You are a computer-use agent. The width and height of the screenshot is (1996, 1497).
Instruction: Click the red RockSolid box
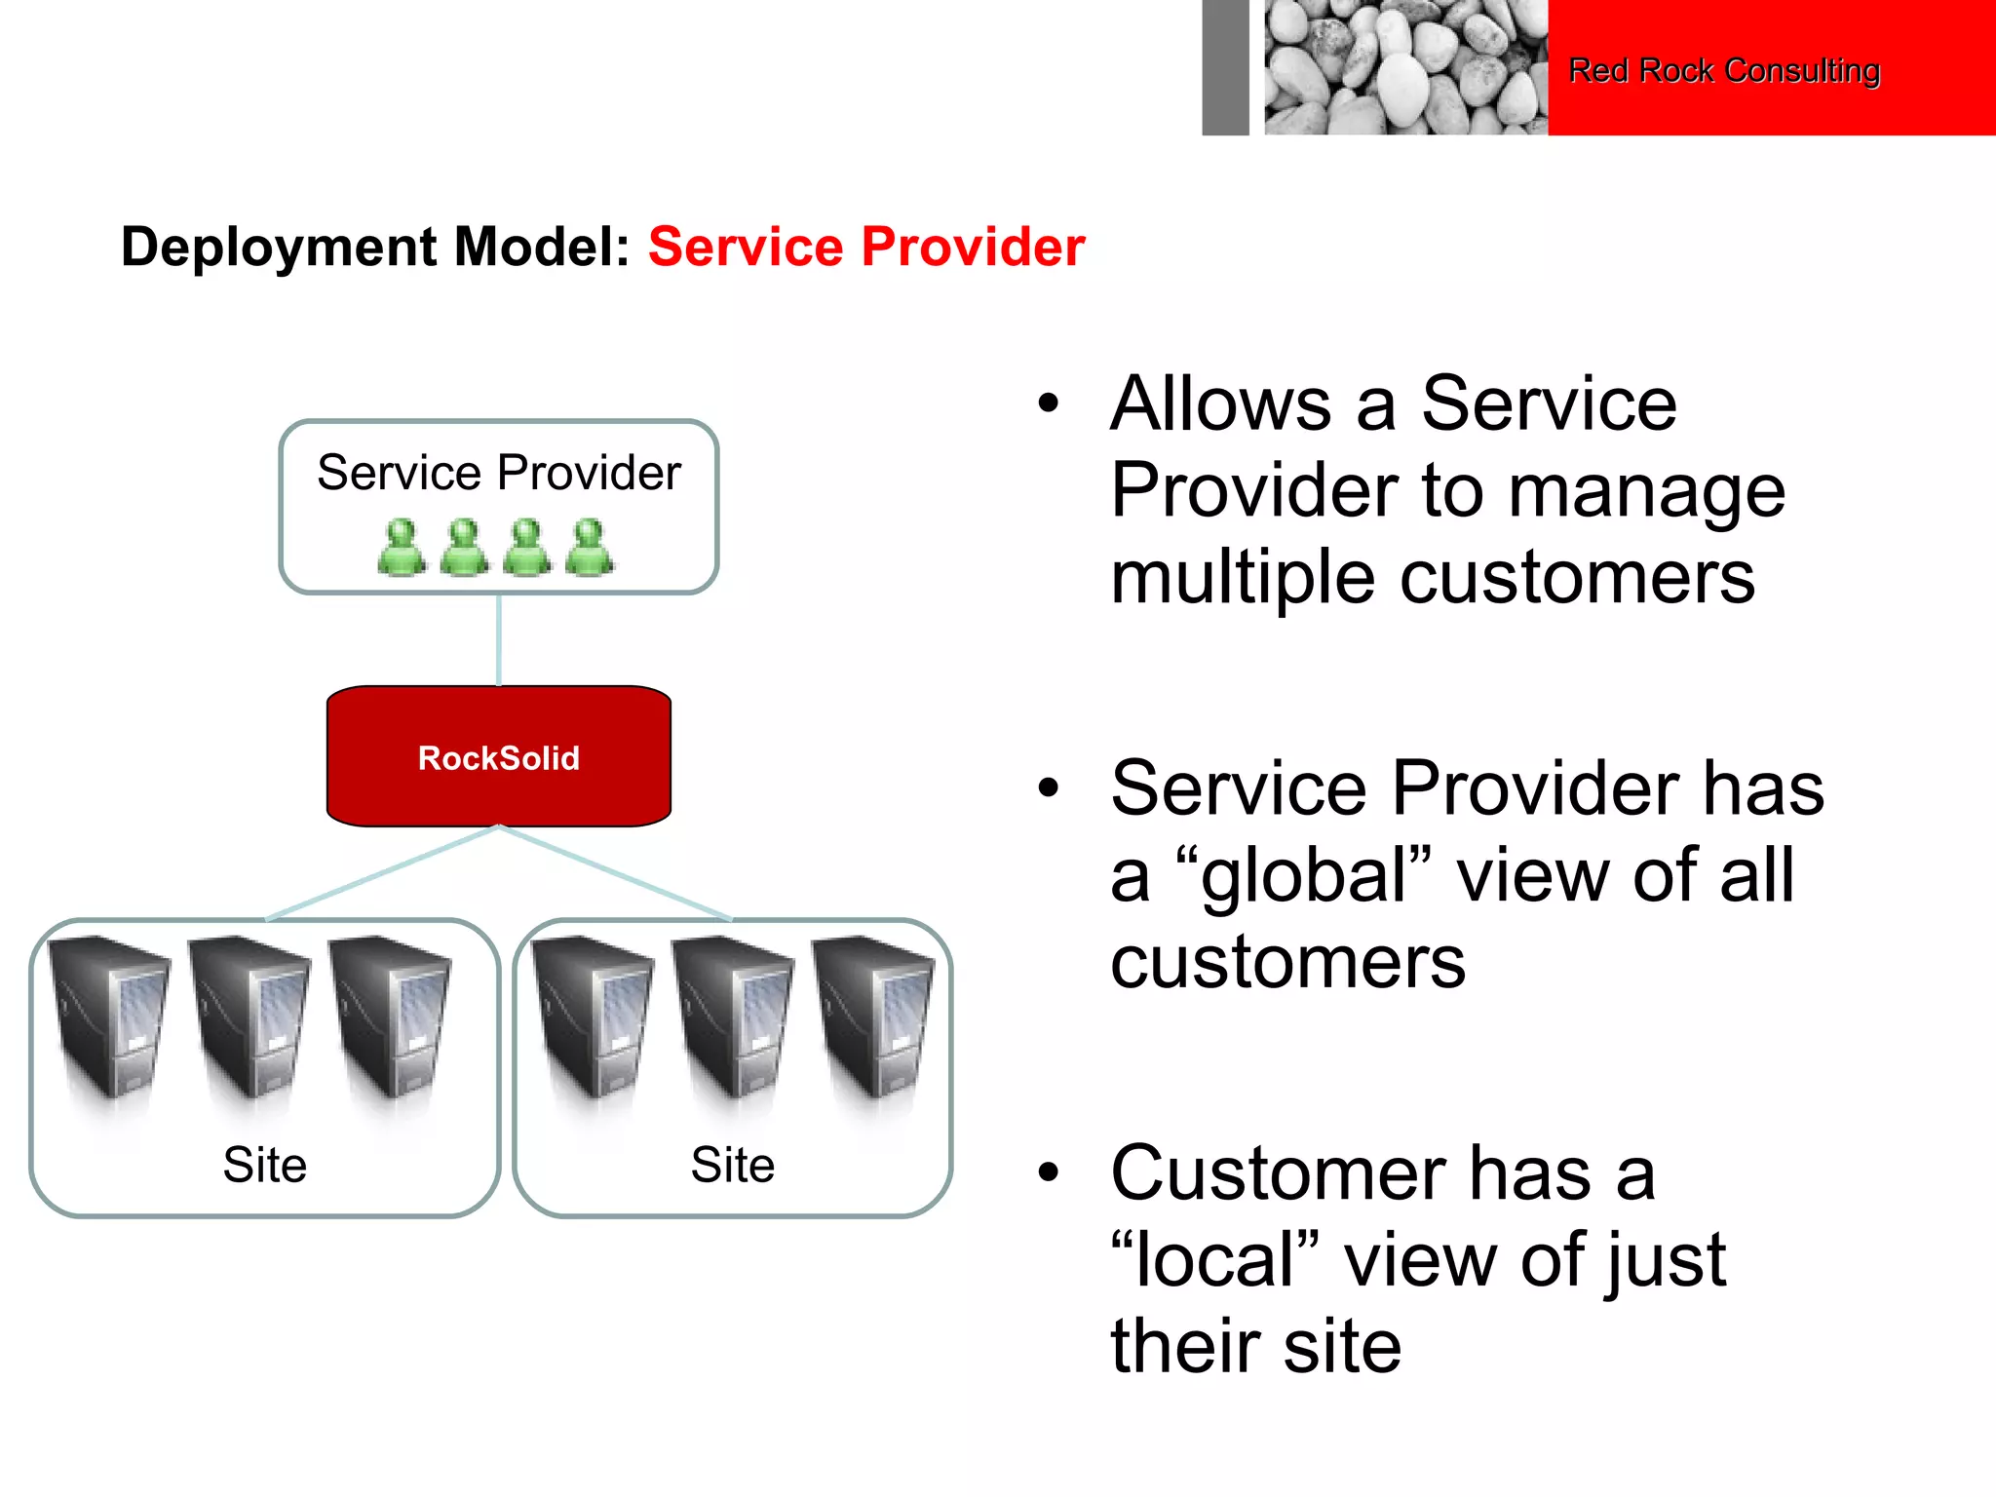point(498,756)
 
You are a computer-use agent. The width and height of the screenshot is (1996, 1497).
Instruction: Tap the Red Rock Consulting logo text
point(1723,70)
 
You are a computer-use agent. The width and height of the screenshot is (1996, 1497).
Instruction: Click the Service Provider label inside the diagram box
point(498,473)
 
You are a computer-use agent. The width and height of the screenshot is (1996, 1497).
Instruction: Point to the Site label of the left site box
point(264,1165)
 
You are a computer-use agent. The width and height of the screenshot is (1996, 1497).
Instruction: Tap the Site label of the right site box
point(732,1165)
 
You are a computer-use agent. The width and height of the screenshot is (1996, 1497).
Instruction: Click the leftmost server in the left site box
point(110,1018)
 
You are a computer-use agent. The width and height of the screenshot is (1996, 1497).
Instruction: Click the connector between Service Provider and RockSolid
point(499,639)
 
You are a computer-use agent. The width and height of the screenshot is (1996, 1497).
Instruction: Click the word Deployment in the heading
point(279,247)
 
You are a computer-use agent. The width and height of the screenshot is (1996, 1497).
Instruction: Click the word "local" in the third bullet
point(1214,1259)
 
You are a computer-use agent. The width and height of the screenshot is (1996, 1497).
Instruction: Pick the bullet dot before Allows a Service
point(1048,403)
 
